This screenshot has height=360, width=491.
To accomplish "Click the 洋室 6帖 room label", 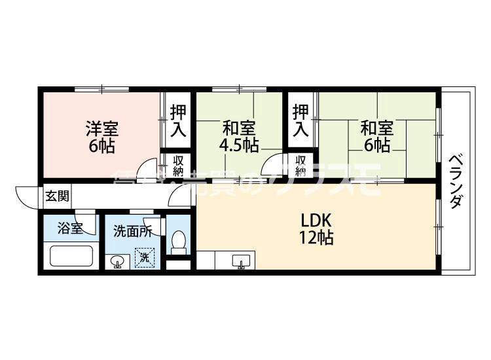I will coord(101,136).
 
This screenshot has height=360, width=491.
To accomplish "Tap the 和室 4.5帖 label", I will coord(240,136).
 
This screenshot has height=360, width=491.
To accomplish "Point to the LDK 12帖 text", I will coord(317,227).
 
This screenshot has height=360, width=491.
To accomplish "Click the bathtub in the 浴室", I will coord(71,255).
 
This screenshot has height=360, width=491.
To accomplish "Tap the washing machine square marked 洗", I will coord(145,257).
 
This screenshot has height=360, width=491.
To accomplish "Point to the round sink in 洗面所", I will coord(117,262).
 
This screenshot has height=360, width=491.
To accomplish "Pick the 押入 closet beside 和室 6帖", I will coord(300,120).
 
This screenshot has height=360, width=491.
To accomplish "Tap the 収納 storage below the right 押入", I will coord(300,166).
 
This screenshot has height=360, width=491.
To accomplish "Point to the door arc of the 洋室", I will coord(151,168).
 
